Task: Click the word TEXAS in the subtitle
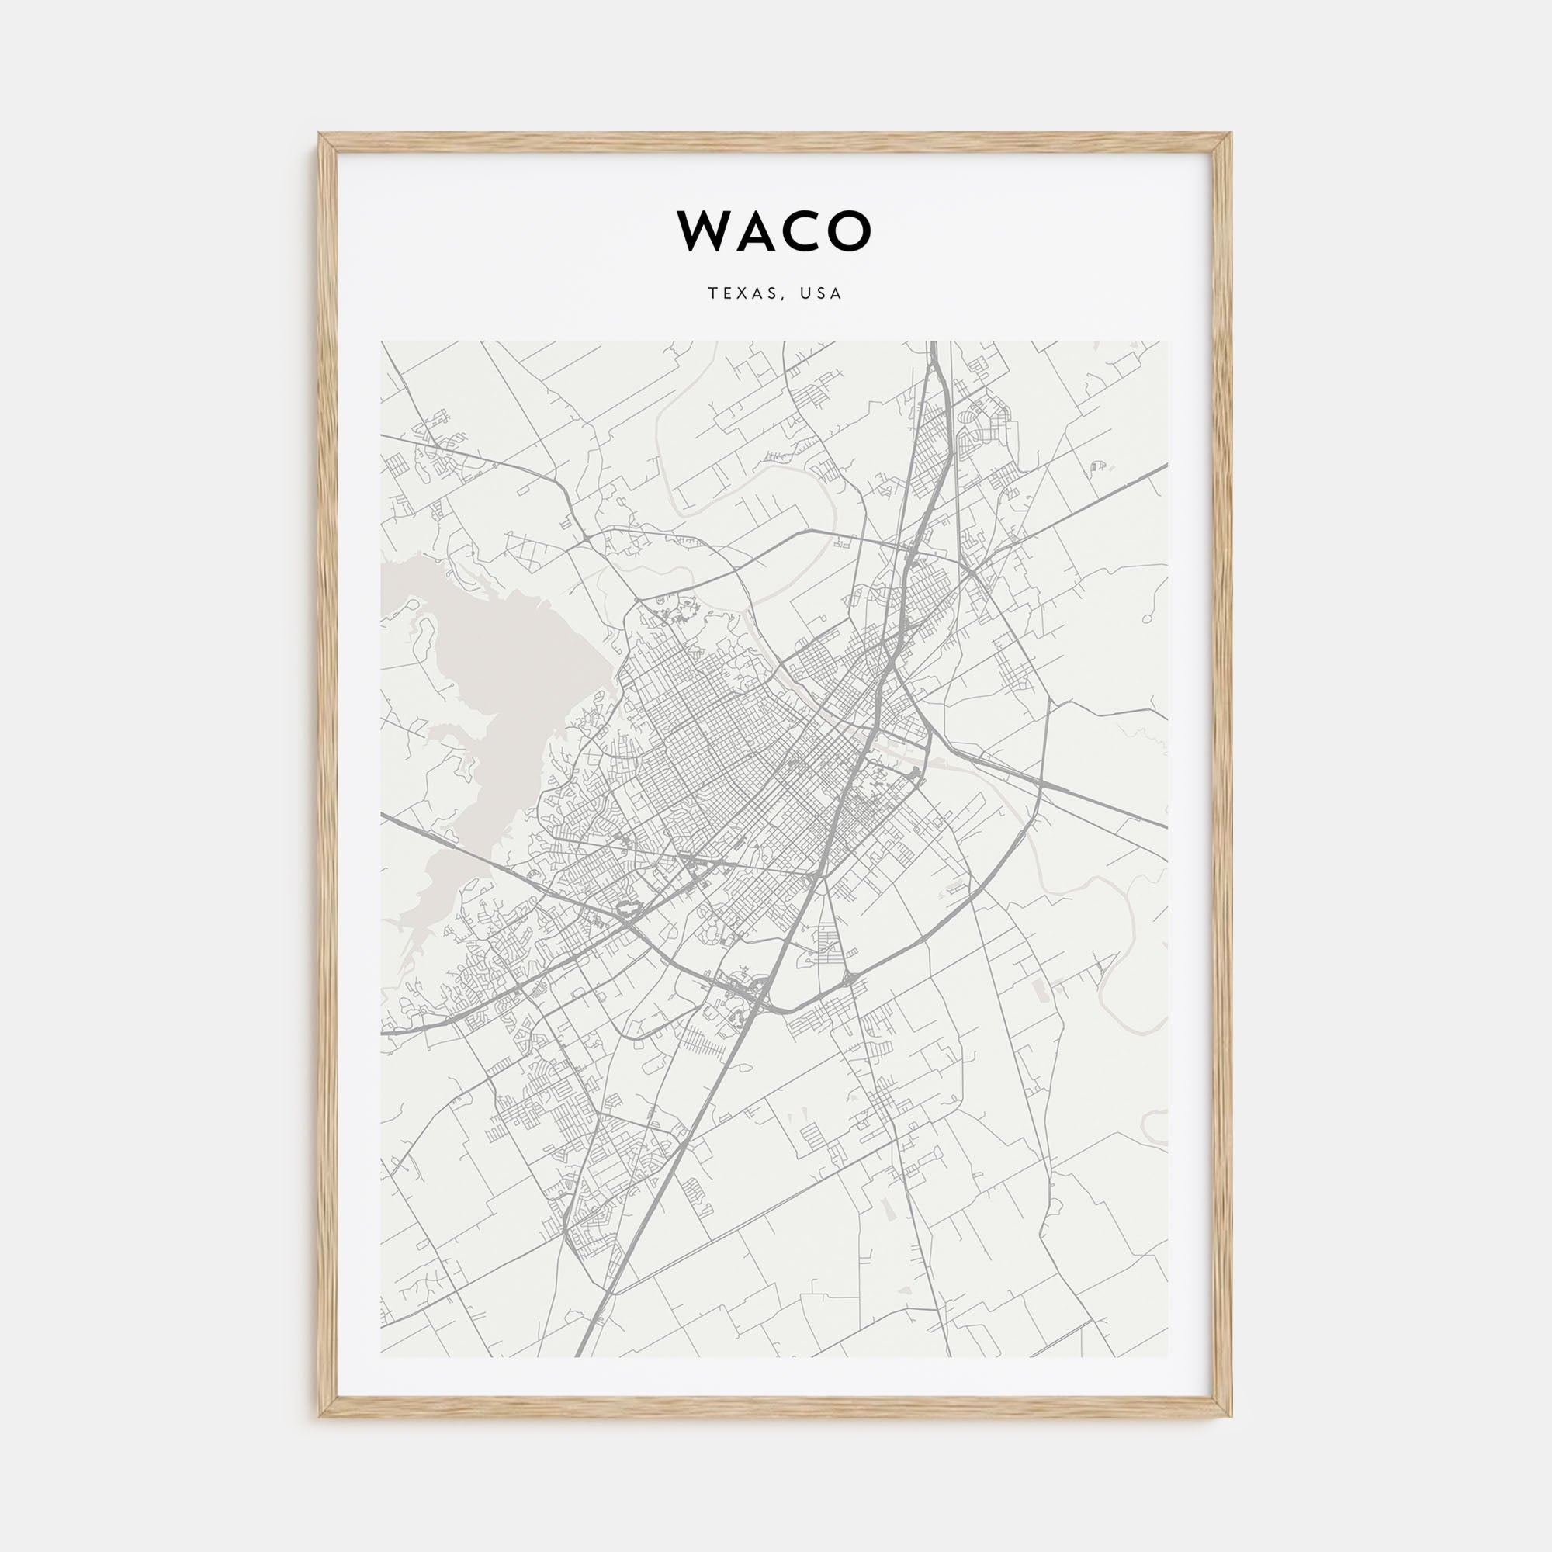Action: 743,294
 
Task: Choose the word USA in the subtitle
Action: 821,294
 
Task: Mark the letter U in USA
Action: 804,294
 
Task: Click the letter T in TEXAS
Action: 712,294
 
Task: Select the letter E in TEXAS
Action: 727,294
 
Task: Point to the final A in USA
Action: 837,294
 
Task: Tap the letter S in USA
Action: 821,294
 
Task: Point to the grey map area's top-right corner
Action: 1168,342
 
